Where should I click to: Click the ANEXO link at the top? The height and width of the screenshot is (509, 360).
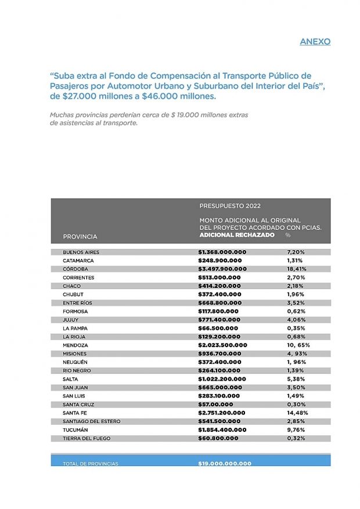pyautogui.click(x=315, y=42)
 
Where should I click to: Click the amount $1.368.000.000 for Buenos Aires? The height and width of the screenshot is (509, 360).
pyautogui.click(x=222, y=252)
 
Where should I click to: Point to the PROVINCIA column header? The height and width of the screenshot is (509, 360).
pyautogui.click(x=80, y=236)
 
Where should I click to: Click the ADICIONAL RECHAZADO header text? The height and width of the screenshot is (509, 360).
pyautogui.click(x=237, y=235)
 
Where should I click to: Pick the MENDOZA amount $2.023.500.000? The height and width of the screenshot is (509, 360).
pyautogui.click(x=222, y=345)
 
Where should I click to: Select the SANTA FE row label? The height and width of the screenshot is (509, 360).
pyautogui.click(x=75, y=413)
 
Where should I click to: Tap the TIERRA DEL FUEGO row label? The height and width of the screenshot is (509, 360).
pyautogui.click(x=87, y=438)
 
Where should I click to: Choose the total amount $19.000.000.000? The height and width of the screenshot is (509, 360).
pyautogui.click(x=225, y=464)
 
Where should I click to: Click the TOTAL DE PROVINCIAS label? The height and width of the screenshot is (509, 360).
pyautogui.click(x=91, y=464)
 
